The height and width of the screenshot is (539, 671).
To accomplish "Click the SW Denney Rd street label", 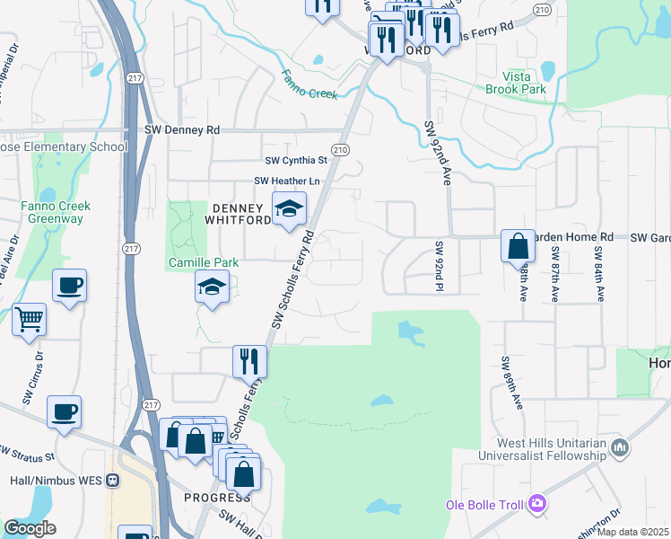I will (182, 130).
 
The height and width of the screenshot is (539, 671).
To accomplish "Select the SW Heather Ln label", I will (287, 181).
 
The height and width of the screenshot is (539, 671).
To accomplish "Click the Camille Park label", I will (204, 263).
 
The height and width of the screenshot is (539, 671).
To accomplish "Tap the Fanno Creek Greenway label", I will (52, 212).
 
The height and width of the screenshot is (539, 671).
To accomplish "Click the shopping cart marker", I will (30, 319).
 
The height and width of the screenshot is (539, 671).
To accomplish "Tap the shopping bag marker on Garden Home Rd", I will (518, 244).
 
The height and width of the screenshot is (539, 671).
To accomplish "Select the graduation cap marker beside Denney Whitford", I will (289, 208).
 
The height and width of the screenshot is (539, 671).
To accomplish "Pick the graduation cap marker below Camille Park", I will (212, 287).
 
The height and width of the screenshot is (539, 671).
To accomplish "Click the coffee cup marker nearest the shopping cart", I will (69, 287).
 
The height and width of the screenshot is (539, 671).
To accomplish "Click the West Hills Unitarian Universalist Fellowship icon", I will (619, 446).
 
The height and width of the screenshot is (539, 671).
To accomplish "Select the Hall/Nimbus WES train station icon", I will (113, 480).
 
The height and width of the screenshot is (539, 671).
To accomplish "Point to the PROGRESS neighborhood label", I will (217, 498).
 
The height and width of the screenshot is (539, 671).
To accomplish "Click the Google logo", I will (30, 528).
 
